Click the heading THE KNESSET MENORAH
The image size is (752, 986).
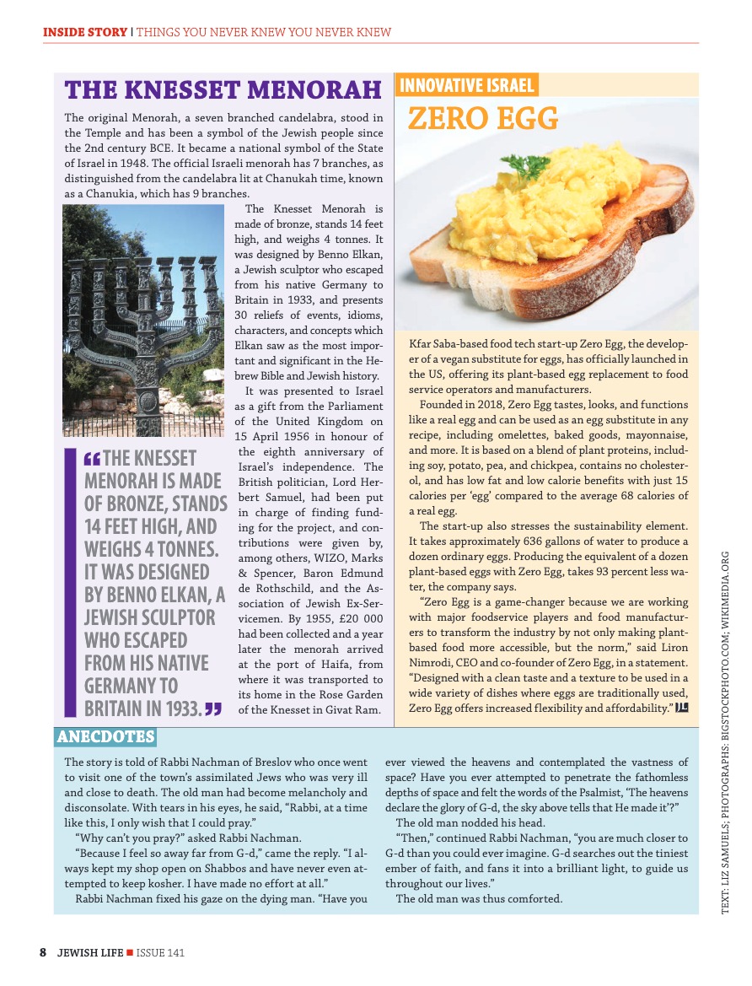pos(223,90)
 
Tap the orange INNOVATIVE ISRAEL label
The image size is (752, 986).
pos(466,85)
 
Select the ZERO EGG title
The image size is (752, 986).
pos(483,119)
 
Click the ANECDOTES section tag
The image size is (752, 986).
pos(105,737)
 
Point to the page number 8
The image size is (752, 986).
pos(42,952)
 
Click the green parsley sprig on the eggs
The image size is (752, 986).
pos(534,168)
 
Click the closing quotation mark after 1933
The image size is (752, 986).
pos(214,708)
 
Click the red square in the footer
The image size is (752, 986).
pos(129,953)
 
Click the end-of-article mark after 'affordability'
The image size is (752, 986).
pos(682,706)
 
